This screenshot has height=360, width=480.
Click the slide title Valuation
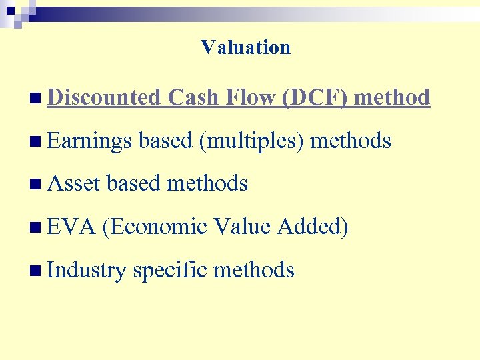(x=245, y=47)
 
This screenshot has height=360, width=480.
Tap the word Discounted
(x=105, y=97)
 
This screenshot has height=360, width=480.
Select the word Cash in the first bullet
(x=193, y=97)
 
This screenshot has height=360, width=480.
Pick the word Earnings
(x=91, y=141)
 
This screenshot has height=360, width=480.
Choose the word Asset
(x=75, y=183)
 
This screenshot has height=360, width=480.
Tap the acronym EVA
(x=72, y=227)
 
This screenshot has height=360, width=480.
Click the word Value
(x=242, y=227)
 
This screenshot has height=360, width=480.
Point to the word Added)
(x=313, y=227)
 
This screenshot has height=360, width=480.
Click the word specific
(x=169, y=271)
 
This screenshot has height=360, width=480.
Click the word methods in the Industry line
(x=253, y=270)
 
